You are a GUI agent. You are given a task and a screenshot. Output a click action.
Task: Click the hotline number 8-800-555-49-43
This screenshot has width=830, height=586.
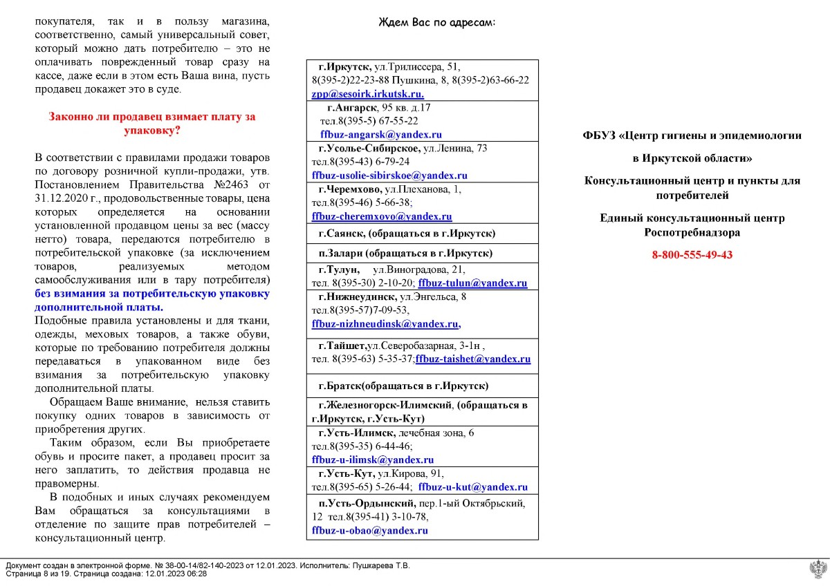(692, 255)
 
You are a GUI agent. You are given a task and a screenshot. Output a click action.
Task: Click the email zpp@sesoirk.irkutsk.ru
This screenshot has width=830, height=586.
(367, 94)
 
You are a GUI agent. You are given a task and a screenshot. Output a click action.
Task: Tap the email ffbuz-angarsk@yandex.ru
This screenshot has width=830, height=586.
(381, 135)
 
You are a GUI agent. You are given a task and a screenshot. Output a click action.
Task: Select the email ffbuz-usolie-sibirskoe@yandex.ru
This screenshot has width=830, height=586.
(389, 176)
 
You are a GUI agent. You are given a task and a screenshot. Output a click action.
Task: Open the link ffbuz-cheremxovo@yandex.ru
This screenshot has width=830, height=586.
(382, 216)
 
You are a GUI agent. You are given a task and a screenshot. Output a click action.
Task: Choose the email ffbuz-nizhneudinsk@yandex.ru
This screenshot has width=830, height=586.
(385, 323)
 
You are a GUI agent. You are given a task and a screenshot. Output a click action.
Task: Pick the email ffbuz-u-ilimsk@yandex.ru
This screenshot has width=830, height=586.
(373, 460)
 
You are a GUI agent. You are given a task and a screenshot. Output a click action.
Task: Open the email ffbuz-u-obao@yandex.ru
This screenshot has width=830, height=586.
(370, 531)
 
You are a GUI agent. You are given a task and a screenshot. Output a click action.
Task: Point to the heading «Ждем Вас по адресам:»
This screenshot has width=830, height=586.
(437, 23)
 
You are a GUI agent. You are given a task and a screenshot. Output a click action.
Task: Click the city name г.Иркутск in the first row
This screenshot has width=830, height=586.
(344, 67)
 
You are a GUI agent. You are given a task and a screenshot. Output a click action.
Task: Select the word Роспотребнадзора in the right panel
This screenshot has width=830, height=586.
(692, 233)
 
